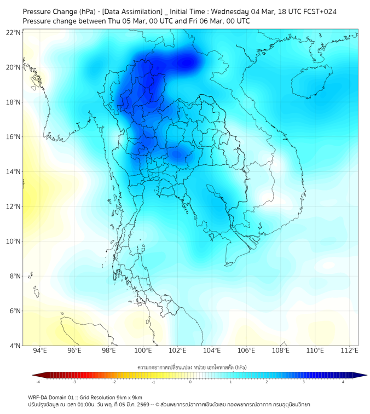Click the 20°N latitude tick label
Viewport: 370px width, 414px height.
pyautogui.click(x=13, y=67)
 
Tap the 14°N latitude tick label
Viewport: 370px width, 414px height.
pyautogui.click(x=13, y=171)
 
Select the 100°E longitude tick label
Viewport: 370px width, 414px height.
pyautogui.click(x=143, y=350)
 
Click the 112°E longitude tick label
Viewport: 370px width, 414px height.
pyautogui.click(x=349, y=350)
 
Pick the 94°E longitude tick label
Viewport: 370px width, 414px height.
pyautogui.click(x=39, y=350)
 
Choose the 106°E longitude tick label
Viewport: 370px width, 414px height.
pyautogui.click(x=246, y=350)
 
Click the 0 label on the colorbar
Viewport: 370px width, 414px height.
pyautogui.click(x=190, y=382)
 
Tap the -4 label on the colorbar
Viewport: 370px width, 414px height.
pyautogui.click(x=38, y=382)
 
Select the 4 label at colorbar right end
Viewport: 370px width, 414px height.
pyautogui.click(x=343, y=382)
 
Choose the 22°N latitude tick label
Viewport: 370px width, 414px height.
pyautogui.click(x=13, y=32)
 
